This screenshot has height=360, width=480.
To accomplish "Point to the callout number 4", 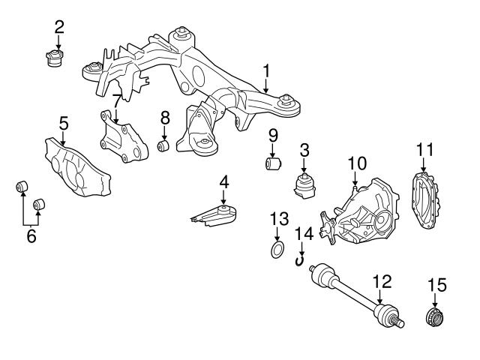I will (223, 182).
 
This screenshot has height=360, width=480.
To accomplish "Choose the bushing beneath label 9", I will (274, 162).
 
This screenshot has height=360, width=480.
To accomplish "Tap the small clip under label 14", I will (300, 260).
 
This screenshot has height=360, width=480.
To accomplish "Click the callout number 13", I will (279, 218).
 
